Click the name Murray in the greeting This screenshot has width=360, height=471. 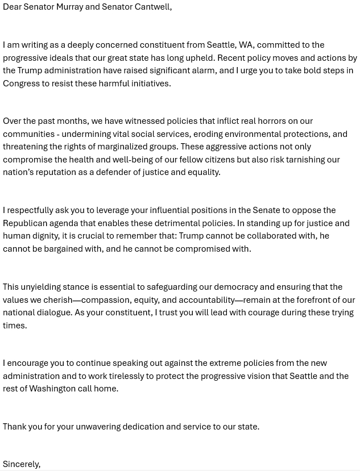point(69,7)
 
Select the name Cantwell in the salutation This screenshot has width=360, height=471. point(152,7)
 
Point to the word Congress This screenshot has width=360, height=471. point(22,84)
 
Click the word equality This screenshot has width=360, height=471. point(203,172)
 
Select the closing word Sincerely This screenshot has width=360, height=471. point(21,464)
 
